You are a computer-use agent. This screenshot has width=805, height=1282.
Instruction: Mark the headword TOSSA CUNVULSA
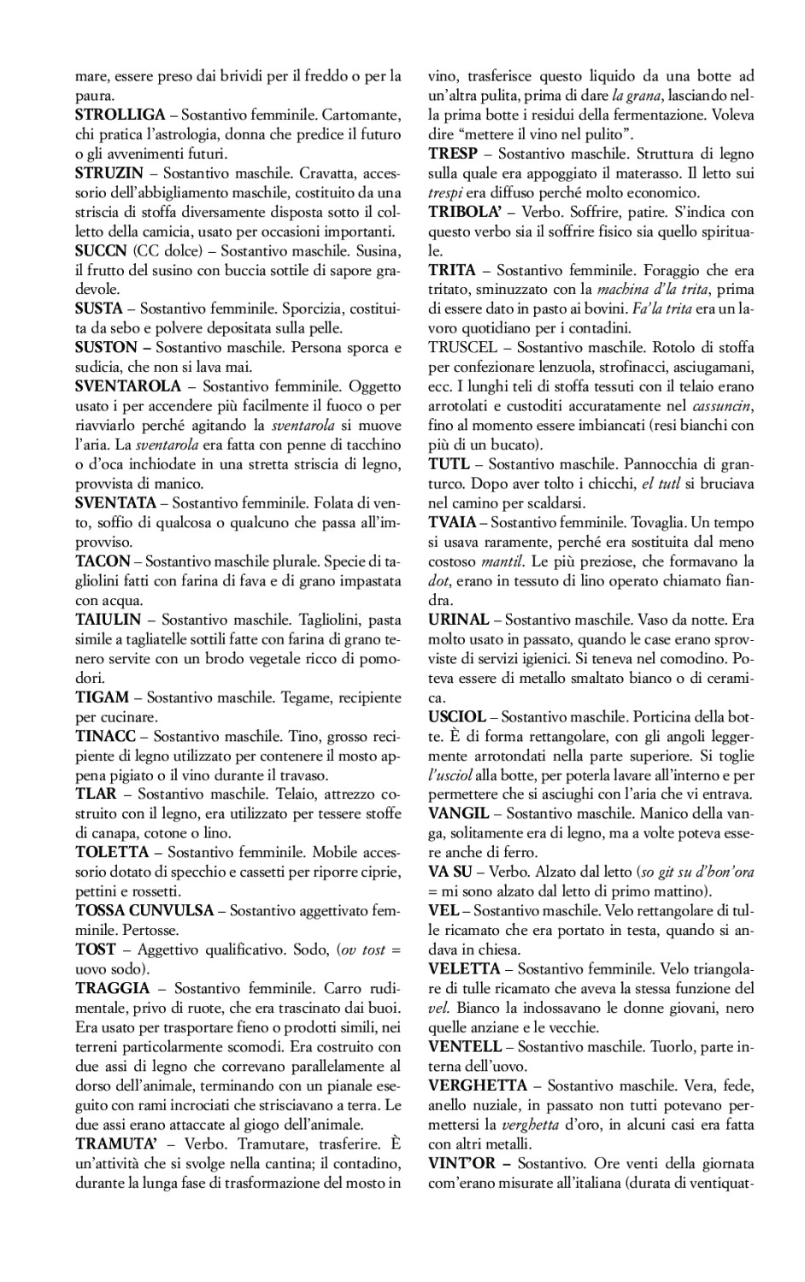[144, 910]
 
